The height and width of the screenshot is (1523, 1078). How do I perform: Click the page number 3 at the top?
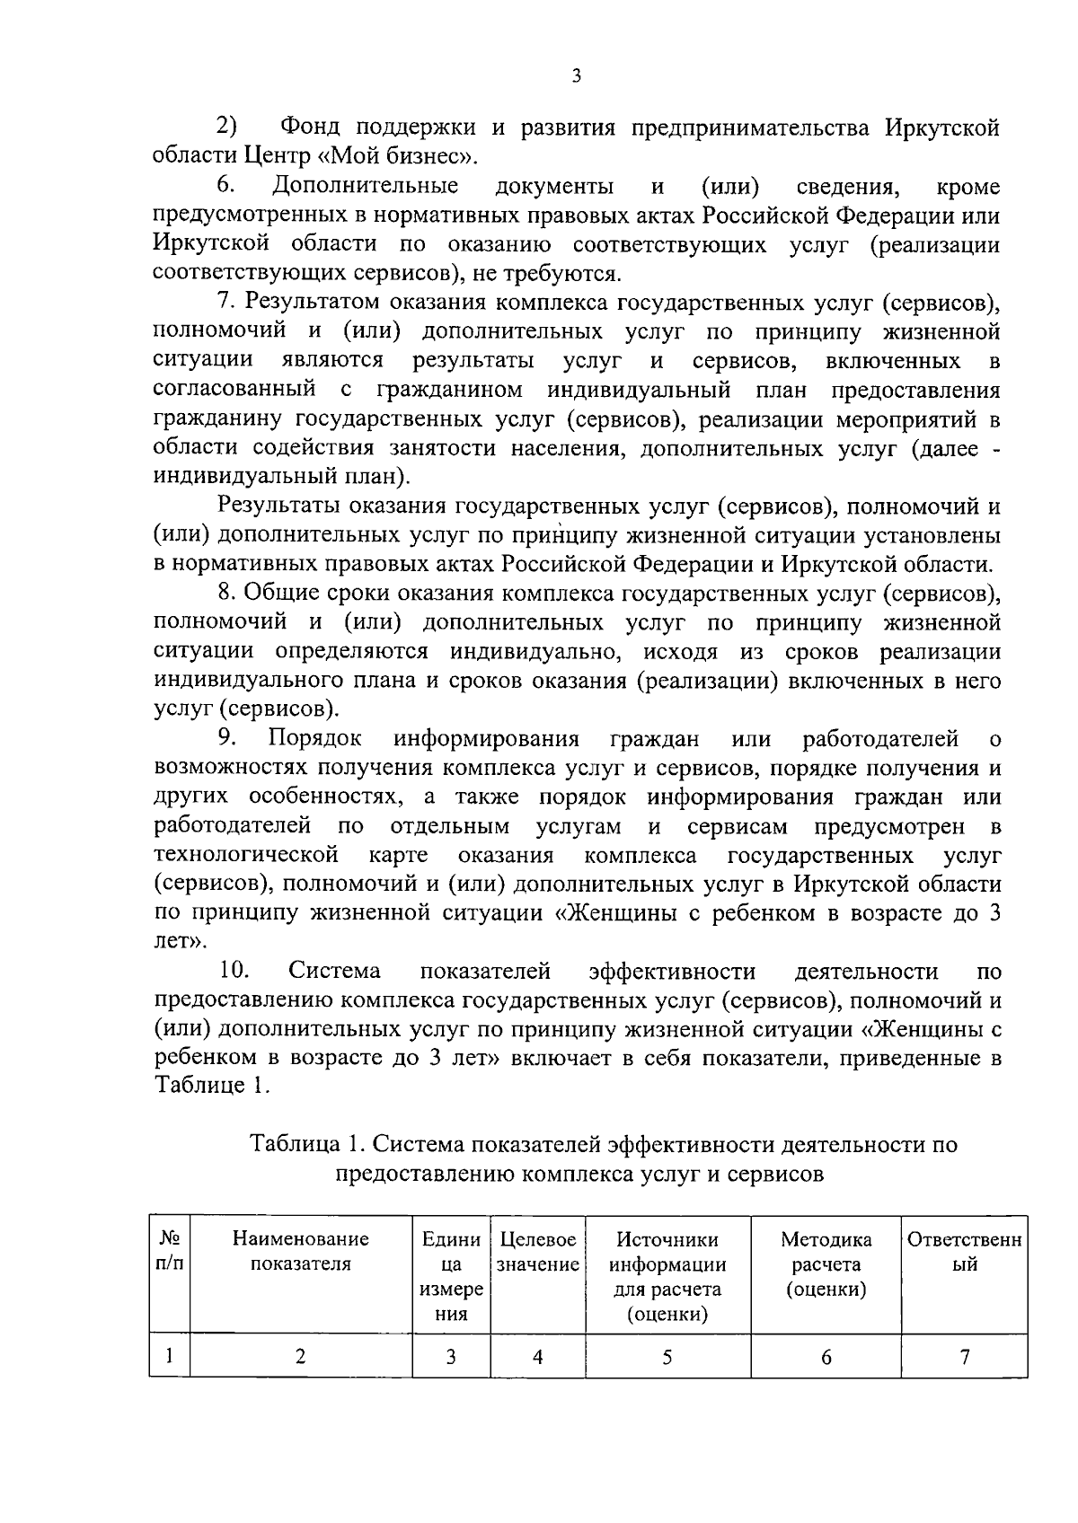point(576,76)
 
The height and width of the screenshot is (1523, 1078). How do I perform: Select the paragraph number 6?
point(225,187)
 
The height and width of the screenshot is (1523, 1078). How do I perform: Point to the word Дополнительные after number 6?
point(365,187)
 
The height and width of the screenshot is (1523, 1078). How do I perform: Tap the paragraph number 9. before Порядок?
point(226,739)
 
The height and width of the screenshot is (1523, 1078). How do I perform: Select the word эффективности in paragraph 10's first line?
point(672,972)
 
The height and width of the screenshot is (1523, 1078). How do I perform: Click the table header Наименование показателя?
point(300,1252)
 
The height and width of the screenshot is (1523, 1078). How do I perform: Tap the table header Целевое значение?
point(537,1252)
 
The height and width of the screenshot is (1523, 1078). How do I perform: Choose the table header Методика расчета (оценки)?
point(826,1264)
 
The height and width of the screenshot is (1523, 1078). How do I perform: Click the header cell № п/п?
point(170,1252)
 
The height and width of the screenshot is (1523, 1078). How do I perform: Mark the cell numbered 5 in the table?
point(667,1357)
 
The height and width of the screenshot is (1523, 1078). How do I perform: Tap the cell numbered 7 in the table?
point(964,1357)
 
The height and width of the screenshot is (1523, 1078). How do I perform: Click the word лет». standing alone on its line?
point(180,942)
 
